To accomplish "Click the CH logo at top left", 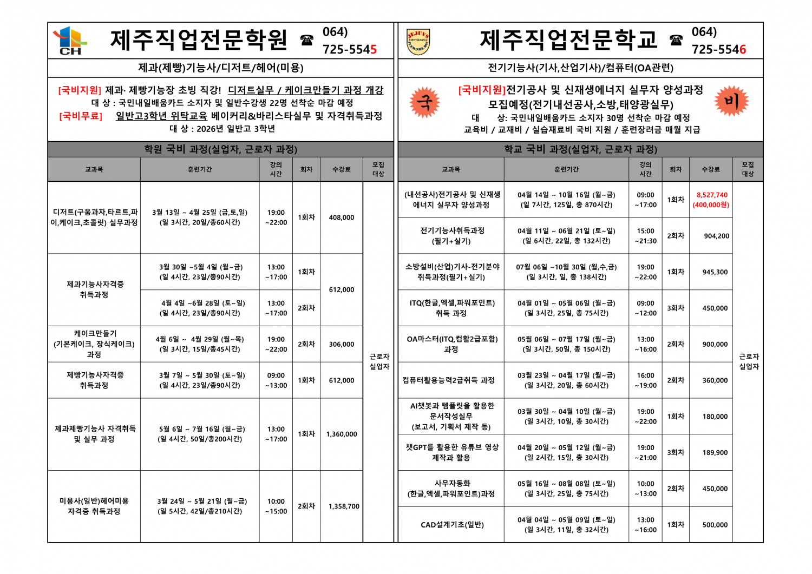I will [69, 41].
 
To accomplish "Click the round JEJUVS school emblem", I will [418, 42].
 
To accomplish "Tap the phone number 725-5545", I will [350, 49].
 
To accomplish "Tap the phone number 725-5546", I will [719, 49].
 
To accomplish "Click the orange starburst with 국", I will [425, 102].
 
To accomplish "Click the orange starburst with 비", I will [731, 101].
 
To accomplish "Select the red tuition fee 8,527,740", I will [712, 195].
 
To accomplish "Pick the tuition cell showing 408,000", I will [342, 217].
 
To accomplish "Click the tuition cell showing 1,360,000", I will [342, 434].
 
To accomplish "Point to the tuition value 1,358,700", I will [344, 506].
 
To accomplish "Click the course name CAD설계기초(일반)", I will [452, 525].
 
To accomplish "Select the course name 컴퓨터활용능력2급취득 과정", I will [448, 380].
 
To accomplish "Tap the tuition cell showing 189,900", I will [715, 453].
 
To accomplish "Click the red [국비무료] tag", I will [81, 116].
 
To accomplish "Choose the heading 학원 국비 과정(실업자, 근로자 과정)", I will [220, 149].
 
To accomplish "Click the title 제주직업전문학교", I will [568, 39].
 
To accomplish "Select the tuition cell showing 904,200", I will [716, 236].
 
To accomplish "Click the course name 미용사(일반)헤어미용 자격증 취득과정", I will [94, 506].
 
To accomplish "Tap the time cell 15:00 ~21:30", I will [645, 236].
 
